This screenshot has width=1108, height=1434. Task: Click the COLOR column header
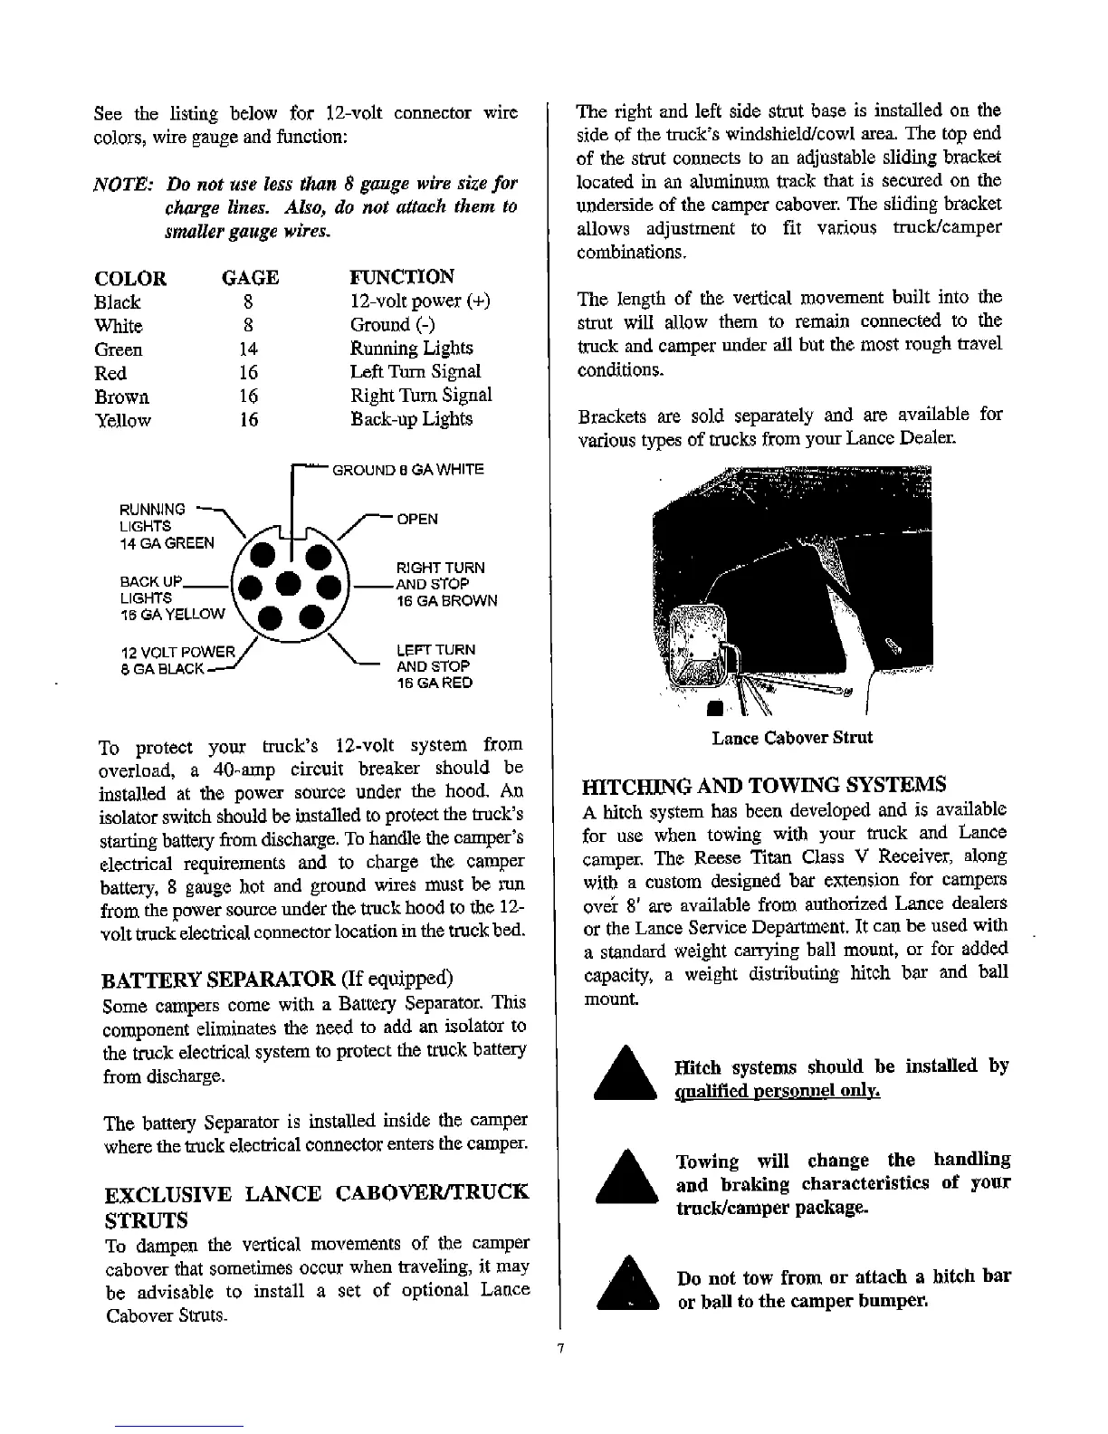tap(130, 278)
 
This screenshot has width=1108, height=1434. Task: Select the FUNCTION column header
tap(402, 276)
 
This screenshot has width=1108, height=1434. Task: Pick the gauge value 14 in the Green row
tap(248, 349)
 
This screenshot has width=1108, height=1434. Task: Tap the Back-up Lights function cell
tap(411, 419)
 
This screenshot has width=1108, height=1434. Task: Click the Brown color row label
tap(121, 397)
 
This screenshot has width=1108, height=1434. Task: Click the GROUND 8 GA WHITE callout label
tap(408, 469)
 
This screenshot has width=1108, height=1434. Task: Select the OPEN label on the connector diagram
tap(416, 519)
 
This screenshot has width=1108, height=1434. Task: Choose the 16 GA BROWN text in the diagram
tap(446, 600)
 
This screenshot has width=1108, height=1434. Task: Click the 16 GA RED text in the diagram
tap(435, 683)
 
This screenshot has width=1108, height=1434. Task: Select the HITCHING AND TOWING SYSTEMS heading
tap(765, 784)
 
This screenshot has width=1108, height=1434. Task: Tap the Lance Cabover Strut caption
tap(792, 738)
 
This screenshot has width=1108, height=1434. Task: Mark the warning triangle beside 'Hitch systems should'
tap(624, 1072)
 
